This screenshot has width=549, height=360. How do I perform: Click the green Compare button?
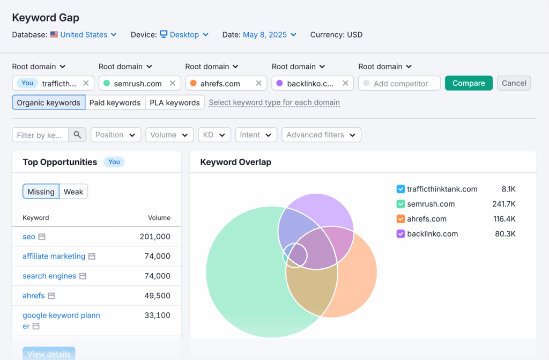coord(469,83)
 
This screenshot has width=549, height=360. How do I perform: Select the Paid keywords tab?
coord(115,102)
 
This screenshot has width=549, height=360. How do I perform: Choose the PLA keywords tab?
coord(174,102)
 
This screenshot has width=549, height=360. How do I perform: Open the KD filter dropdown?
coord(214,135)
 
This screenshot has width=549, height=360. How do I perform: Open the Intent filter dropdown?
coord(256,135)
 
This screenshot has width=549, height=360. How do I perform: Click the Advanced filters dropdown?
coord(321,135)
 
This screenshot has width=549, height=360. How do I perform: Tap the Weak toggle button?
coord(73,192)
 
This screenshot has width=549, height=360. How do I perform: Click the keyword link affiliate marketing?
coord(54,256)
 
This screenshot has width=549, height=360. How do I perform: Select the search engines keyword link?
coord(49,276)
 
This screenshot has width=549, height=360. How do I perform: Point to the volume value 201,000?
coord(154,237)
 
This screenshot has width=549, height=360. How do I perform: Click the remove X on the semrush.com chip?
coord(173,83)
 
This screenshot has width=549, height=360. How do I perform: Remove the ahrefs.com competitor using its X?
coord(259,83)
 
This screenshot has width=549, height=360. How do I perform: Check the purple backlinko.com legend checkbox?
coord(400,234)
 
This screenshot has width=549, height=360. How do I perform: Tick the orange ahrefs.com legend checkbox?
coord(400,219)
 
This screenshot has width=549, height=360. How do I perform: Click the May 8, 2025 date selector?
coord(269,35)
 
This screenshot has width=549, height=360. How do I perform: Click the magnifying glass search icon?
coord(77,135)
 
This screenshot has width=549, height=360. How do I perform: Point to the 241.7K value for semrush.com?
coord(504,204)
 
